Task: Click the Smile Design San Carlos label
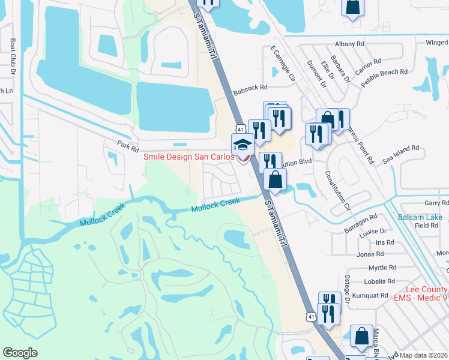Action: [x=188, y=157]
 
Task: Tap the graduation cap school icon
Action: [x=243, y=145]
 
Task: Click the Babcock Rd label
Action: [x=250, y=88]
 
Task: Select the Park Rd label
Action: [x=128, y=144]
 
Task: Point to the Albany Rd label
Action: [x=350, y=44]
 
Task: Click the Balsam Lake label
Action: [x=420, y=217]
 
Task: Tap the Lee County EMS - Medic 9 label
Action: [x=420, y=293]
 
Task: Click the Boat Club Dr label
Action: [x=13, y=56]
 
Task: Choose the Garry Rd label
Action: [x=436, y=203]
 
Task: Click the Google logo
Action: [x=20, y=353]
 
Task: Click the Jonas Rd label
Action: [x=370, y=254]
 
